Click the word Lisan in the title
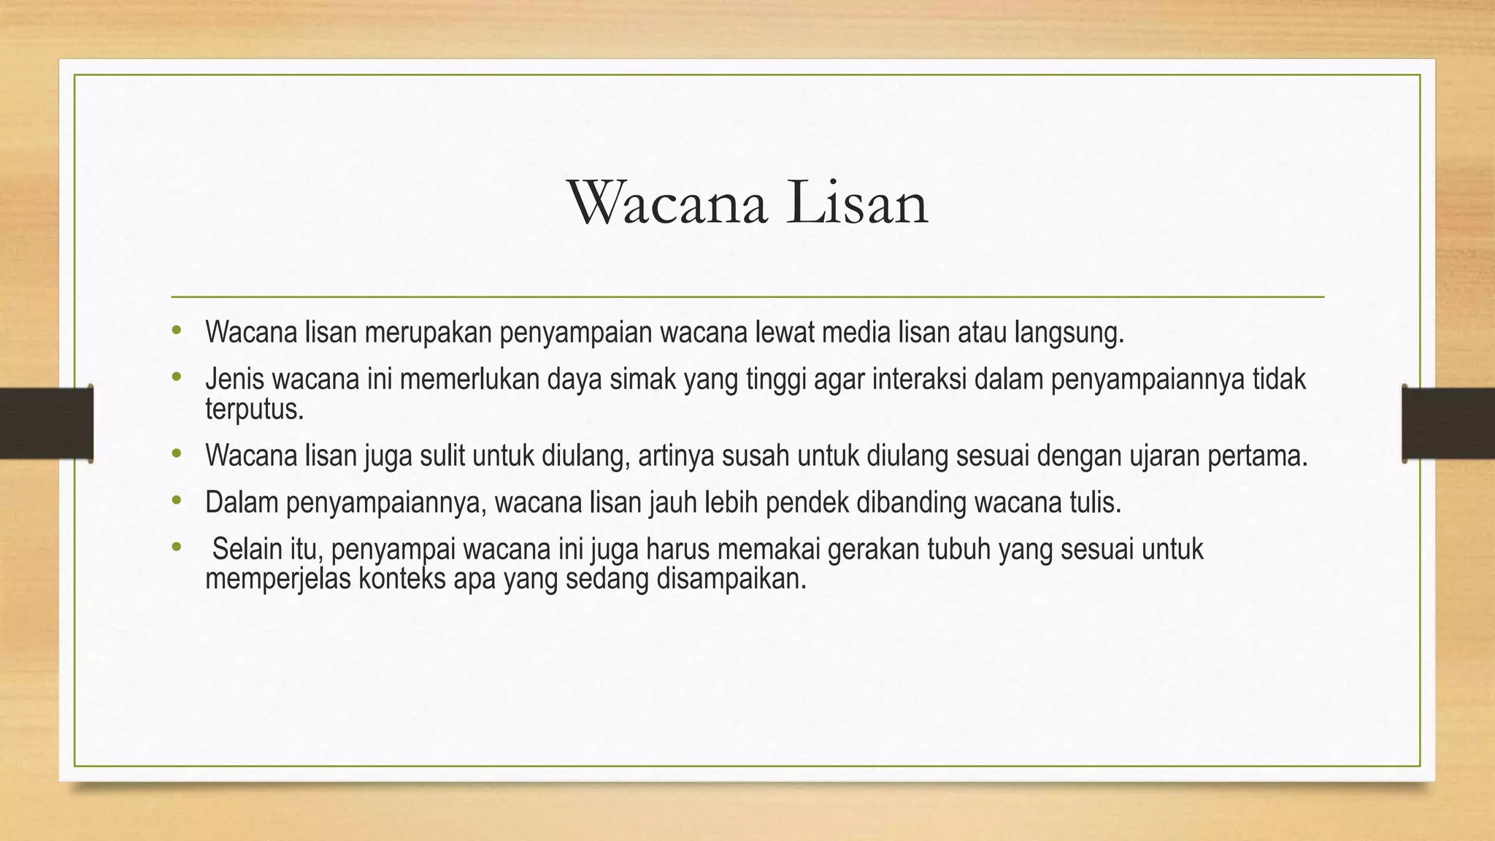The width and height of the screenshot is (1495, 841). click(857, 204)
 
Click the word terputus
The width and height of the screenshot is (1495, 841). click(253, 410)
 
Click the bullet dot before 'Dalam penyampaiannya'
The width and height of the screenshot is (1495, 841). click(176, 501)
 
